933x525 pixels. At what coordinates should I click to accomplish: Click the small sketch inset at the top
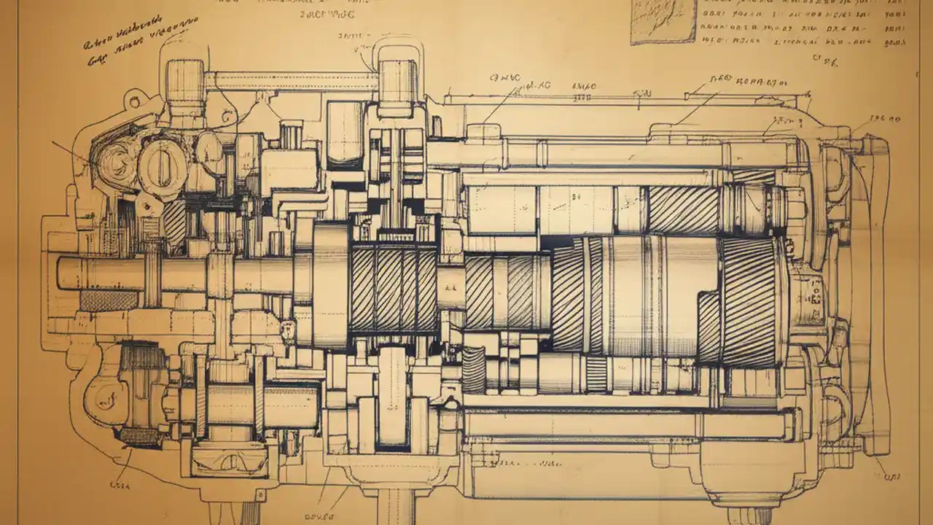(663, 21)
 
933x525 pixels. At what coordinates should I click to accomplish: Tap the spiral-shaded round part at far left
(114, 157)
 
